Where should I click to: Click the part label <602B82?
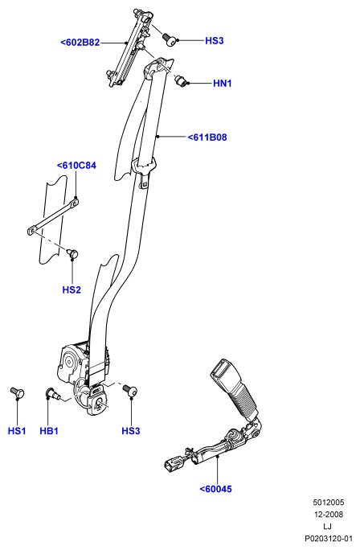click(x=80, y=43)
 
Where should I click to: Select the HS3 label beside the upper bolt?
click(x=215, y=41)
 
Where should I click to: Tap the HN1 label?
click(x=223, y=84)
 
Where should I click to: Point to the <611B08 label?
click(x=207, y=137)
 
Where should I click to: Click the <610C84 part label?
click(x=76, y=165)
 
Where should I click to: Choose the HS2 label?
click(x=72, y=289)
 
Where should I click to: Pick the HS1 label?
click(x=17, y=431)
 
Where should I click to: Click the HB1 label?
click(x=49, y=431)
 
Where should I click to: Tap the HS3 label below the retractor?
click(x=131, y=431)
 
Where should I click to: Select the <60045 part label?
click(x=215, y=489)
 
